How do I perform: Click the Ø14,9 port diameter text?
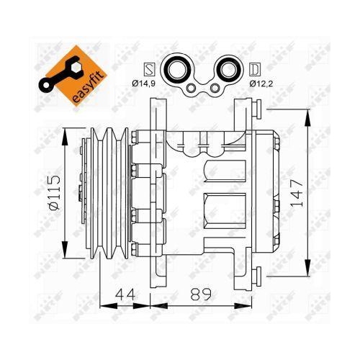click(146, 85)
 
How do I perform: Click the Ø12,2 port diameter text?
click(263, 85)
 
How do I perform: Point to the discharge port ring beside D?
click(230, 71)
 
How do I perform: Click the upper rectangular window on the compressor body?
click(224, 171)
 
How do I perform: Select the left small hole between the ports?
click(192, 89)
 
